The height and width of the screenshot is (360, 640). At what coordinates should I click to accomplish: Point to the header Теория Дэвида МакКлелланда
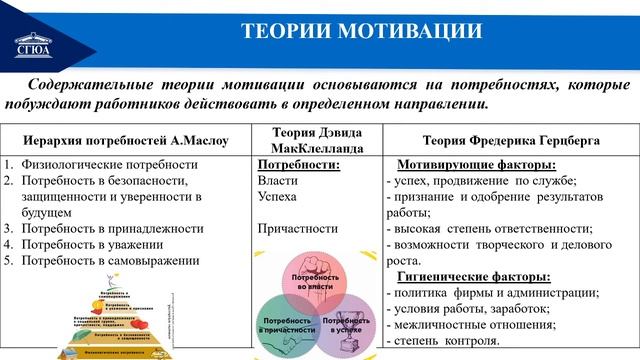[x=311, y=141]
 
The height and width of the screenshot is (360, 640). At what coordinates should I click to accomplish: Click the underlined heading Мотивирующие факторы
[x=477, y=165]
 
